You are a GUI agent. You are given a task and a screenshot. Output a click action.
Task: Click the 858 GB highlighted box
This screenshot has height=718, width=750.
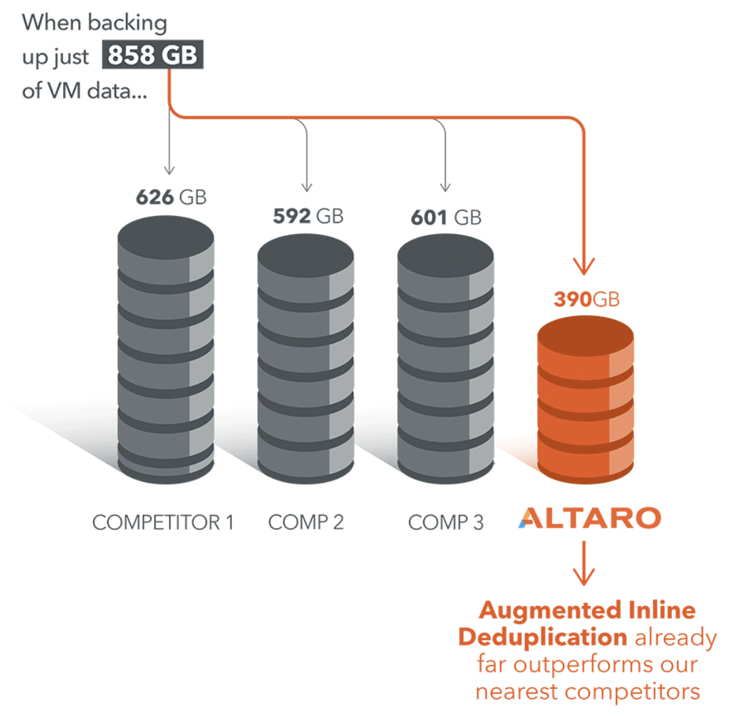coord(153,54)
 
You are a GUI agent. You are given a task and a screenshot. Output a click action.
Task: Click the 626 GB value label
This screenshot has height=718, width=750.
coord(171,197)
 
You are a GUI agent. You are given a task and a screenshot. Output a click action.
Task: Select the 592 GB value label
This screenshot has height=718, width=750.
coord(308,216)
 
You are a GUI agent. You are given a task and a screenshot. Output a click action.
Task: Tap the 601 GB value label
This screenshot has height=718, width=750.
coord(446,217)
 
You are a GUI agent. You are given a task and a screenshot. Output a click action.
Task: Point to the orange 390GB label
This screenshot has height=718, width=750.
coord(587,299)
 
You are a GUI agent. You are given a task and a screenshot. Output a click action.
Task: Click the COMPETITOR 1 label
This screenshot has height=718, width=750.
coord(163,523)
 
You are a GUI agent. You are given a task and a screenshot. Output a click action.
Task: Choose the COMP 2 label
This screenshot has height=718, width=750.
coord(306,523)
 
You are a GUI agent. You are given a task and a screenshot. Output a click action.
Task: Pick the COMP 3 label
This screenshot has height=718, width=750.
coord(446,523)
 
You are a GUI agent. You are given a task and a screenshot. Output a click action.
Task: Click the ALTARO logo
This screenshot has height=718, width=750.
coord(590,518)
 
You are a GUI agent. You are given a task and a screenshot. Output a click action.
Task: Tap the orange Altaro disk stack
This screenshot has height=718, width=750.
coord(585,400)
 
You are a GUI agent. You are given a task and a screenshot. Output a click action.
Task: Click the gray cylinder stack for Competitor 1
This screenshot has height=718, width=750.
coord(165,349)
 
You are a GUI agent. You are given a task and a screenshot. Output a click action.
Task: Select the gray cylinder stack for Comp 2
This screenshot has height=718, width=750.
coord(306,359)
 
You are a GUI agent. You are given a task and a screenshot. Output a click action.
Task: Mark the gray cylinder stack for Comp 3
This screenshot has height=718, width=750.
coord(446,359)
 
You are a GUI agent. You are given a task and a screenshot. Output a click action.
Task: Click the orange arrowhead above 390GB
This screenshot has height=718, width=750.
coord(584,266)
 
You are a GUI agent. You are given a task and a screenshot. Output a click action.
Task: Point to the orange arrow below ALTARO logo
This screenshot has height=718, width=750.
coord(584,563)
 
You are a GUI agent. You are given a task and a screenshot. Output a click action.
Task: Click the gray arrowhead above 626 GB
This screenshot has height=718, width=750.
coord(170,170)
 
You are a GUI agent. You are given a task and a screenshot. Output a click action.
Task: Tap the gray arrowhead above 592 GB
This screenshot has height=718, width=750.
coord(307,187)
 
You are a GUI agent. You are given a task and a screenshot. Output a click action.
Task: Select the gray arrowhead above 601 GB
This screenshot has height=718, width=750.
coord(446,187)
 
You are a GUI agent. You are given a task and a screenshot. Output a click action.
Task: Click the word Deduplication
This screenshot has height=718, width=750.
coord(543,638)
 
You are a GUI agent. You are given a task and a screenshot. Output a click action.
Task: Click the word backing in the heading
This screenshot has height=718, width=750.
coord(127,23)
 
